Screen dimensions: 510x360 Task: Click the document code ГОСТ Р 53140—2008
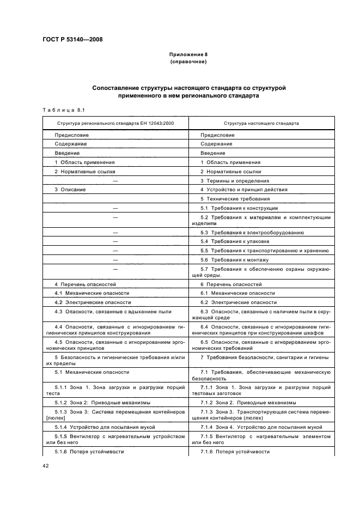tap(72, 39)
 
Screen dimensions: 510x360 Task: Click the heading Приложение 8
tap(188, 55)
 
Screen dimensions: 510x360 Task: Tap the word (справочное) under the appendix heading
tap(188, 62)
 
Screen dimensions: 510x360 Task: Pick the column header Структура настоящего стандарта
tap(261, 123)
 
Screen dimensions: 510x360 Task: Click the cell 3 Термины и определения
tap(235, 180)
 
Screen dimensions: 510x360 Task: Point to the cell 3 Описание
tap(70, 190)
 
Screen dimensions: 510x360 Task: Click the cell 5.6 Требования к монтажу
tap(235, 260)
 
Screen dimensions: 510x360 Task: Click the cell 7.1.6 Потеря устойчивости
tap(235, 452)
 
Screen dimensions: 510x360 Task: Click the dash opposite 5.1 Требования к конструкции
tap(115, 208)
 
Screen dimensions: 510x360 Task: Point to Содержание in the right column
tap(216, 144)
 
